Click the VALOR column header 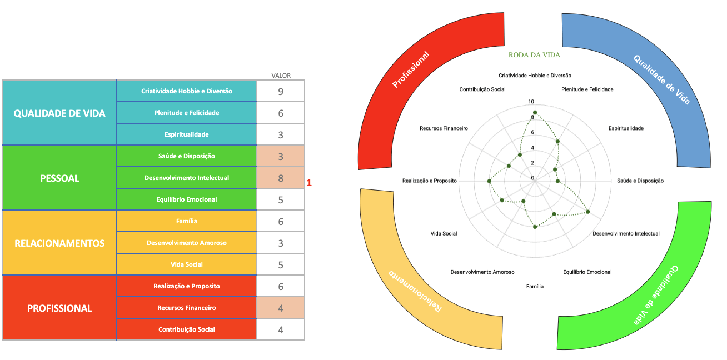pos(281,76)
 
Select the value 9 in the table pos(281,91)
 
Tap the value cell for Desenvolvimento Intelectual pos(281,178)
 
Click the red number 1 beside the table pos(310,182)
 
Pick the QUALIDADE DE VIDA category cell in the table pos(59,113)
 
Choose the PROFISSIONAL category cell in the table pos(59,308)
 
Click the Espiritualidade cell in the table pos(187,134)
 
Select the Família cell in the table pos(187,221)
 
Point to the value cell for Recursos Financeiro pos(281,308)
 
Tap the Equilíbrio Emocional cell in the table pos(187,199)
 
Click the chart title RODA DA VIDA pos(534,55)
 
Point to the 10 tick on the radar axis pos(531,102)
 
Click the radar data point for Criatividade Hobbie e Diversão pos(535,113)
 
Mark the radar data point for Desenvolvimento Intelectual pos(588,212)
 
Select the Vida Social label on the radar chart pos(444,234)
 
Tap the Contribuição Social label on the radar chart pos(482,89)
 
